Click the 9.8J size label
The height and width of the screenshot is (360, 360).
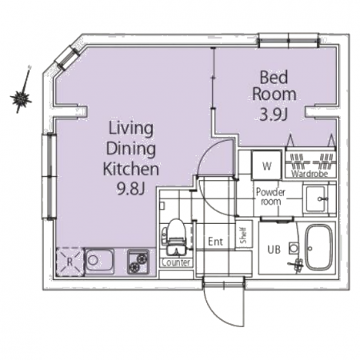[130, 189]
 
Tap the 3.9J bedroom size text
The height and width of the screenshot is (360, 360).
[274, 115]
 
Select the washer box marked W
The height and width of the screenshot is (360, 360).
[266, 166]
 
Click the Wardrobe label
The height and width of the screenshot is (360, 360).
[310, 174]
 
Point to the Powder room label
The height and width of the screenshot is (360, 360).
[270, 197]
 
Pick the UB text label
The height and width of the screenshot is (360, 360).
[274, 250]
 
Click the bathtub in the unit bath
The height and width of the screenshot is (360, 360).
[318, 248]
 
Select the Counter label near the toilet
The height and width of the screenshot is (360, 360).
[176, 262]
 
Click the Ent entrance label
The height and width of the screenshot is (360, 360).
[215, 242]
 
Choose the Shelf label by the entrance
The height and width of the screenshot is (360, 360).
[243, 235]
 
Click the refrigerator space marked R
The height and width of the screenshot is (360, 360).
[70, 262]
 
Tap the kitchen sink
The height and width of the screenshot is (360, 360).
[99, 262]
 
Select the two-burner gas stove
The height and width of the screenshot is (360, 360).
[138, 262]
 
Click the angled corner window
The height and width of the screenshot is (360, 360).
[67, 58]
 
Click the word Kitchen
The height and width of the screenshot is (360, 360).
[130, 169]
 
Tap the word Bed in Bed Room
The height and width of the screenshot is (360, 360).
[274, 78]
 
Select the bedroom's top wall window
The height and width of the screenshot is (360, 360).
[289, 40]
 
